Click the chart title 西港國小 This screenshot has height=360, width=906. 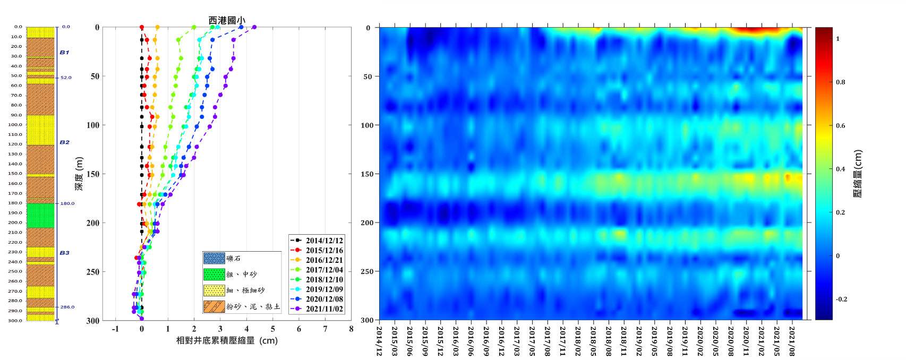tap(227, 20)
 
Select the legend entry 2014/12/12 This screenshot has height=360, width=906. tap(324, 241)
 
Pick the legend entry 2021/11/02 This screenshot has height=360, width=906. tap(324, 309)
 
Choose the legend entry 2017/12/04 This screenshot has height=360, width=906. tap(324, 270)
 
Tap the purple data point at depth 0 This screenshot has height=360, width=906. tap(254, 27)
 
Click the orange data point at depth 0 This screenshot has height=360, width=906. tap(157, 27)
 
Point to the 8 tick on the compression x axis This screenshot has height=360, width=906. tap(351, 329)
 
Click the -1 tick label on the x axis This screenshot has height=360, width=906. tap(115, 329)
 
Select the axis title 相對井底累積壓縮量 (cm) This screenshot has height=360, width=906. tap(227, 340)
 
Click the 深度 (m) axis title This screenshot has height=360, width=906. tap(79, 174)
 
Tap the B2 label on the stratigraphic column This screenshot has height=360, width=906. tap(64, 142)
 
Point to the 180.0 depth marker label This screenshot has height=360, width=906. tap(67, 203)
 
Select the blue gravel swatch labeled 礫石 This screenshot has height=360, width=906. tap(214, 259)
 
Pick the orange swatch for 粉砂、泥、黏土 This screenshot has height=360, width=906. tap(214, 307)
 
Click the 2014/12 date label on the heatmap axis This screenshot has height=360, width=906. tap(379, 341)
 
